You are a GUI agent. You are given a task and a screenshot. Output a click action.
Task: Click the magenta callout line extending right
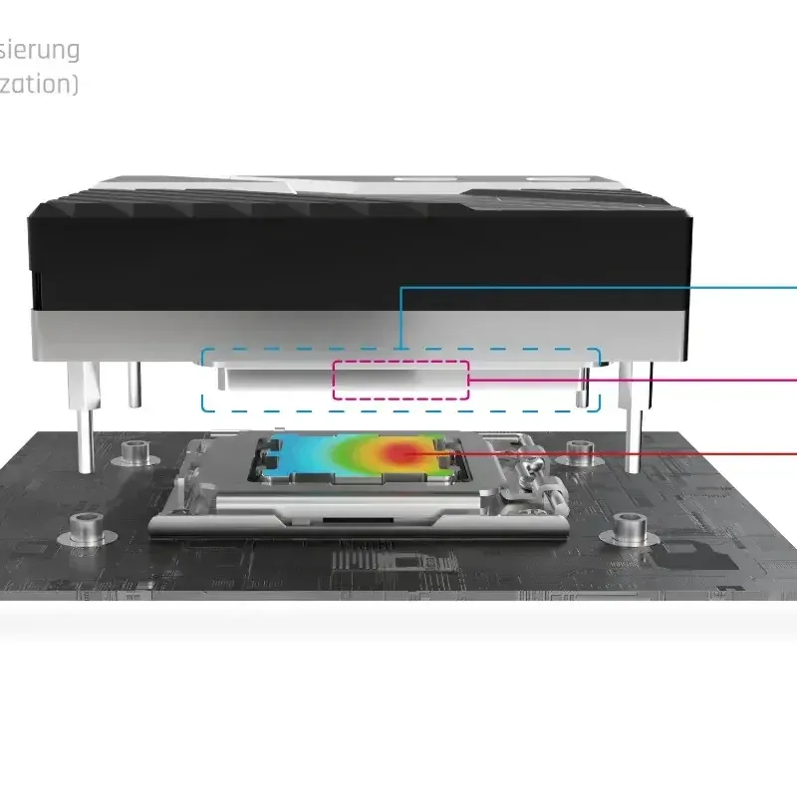coord(638,380)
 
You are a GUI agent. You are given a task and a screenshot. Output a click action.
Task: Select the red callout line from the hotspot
coord(618,453)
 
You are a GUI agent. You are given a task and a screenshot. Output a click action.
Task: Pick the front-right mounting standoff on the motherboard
coord(630,526)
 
